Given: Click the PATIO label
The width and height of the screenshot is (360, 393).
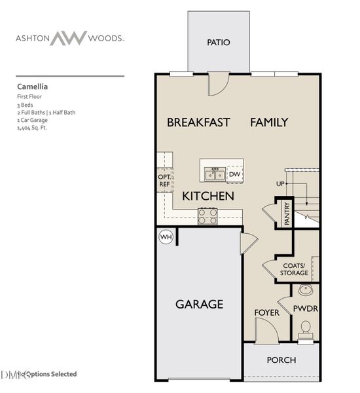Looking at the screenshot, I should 219,43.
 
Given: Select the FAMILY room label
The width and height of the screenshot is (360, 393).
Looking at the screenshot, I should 268,122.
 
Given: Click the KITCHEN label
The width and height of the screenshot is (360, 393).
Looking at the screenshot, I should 208,196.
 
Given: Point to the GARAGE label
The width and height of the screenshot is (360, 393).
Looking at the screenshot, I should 199,304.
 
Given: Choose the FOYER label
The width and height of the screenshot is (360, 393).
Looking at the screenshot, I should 267,312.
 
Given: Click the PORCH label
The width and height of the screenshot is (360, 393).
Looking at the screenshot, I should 281,360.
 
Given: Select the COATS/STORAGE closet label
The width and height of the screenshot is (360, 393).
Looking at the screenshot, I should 294,269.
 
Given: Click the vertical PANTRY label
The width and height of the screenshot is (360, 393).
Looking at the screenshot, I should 287,214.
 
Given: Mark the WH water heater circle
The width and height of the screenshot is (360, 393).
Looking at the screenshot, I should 166,237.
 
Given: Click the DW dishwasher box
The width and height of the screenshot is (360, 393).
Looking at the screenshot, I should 234,174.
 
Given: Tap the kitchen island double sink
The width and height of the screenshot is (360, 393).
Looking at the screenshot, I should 214,174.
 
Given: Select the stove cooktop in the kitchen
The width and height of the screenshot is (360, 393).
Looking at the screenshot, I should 208,215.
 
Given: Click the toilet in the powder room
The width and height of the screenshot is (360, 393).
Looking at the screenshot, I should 305,329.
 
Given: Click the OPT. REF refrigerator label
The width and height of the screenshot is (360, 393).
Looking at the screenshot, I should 164,181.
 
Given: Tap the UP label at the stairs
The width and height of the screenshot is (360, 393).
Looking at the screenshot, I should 280,184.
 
